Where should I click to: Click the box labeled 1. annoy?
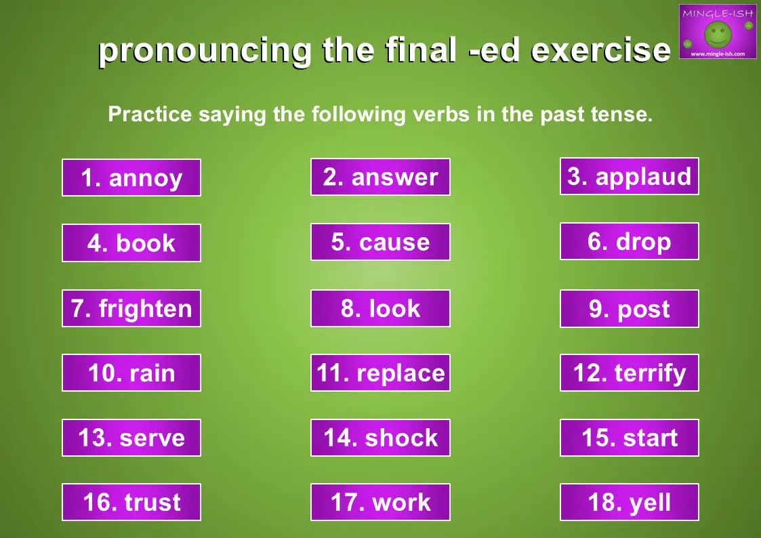coord(131,178)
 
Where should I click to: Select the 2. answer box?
coord(381,177)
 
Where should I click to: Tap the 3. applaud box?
coord(630,176)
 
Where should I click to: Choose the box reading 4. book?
coord(131,243)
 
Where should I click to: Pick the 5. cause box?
coord(381,242)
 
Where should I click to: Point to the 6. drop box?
coord(630,241)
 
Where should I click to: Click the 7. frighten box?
coord(131,308)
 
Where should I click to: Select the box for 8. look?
coord(381,308)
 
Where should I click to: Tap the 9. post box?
coord(630,308)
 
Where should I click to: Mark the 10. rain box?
coord(131,373)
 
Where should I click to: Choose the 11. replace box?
coord(381,373)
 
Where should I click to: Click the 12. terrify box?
coord(630,373)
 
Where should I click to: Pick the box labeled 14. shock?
coord(381,438)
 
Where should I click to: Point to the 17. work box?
coord(381,502)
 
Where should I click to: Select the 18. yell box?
coord(630,502)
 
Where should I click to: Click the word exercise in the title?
coord(601,50)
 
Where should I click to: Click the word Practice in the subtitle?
coord(150,115)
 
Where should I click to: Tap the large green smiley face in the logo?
coord(718,34)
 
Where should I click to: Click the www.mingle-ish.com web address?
coord(718,54)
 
